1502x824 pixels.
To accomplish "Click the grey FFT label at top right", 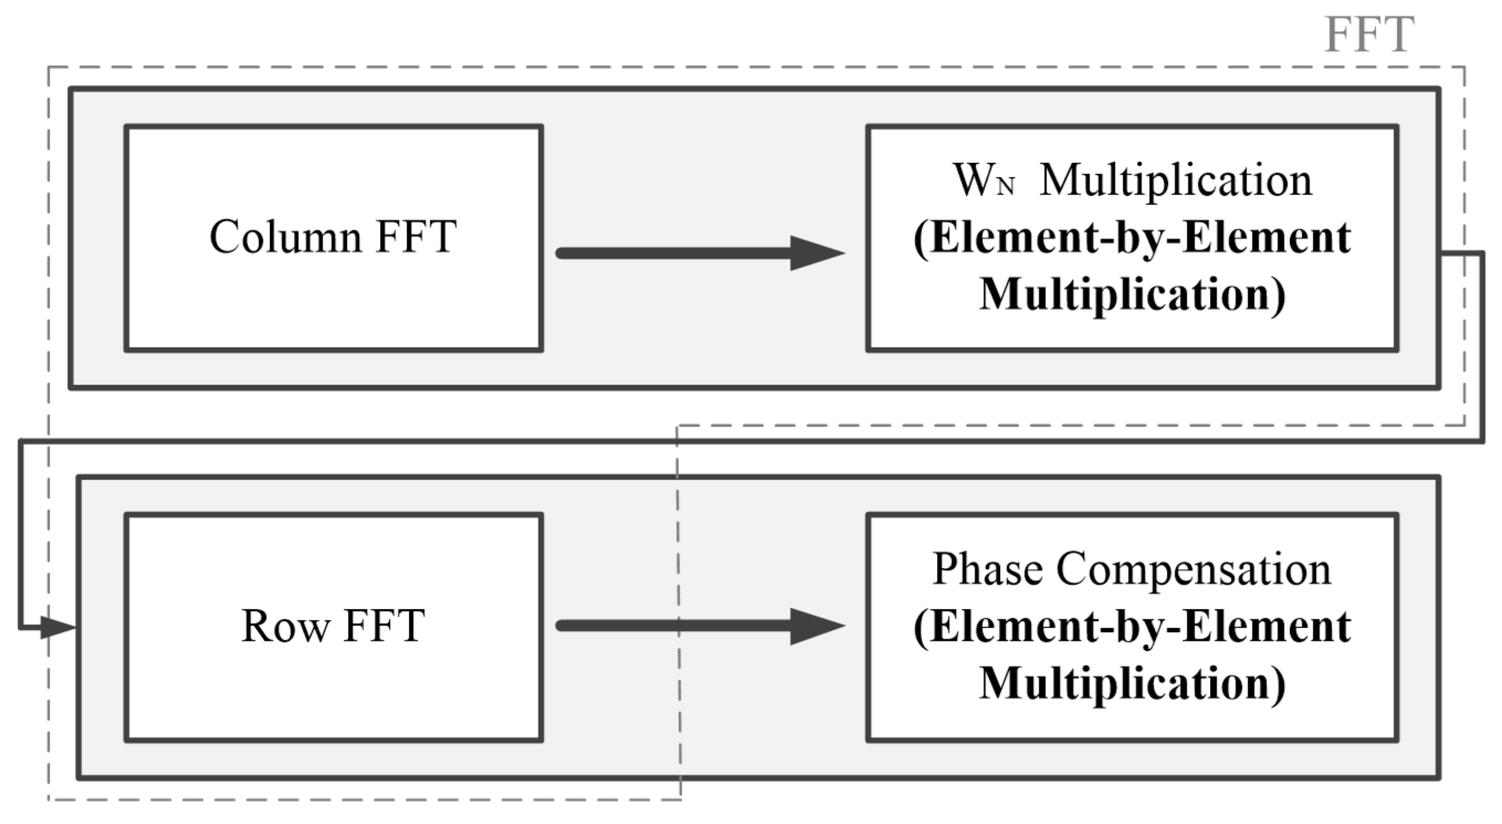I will pyautogui.click(x=1369, y=35).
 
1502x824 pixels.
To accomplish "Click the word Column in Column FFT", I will pyautogui.click(x=285, y=237).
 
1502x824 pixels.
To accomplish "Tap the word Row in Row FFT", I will pyautogui.click(x=285, y=626).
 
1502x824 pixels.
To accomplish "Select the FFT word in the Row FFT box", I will pyautogui.click(x=385, y=626).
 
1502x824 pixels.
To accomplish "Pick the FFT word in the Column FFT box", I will pyautogui.click(x=416, y=237).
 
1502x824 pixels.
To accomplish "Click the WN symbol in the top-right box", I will pyautogui.click(x=983, y=181).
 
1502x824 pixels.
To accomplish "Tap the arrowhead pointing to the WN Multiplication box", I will pyautogui.click(x=816, y=253).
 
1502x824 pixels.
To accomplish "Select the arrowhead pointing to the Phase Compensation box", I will pyautogui.click(x=816, y=626).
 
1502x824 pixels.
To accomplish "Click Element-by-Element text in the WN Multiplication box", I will pyautogui.click(x=1132, y=238).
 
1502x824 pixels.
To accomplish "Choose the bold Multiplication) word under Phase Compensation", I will pyautogui.click(x=1132, y=684).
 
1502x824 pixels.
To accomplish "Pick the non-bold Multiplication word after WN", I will pyautogui.click(x=1175, y=181).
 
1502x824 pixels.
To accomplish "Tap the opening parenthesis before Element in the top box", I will pyautogui.click(x=920, y=239).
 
